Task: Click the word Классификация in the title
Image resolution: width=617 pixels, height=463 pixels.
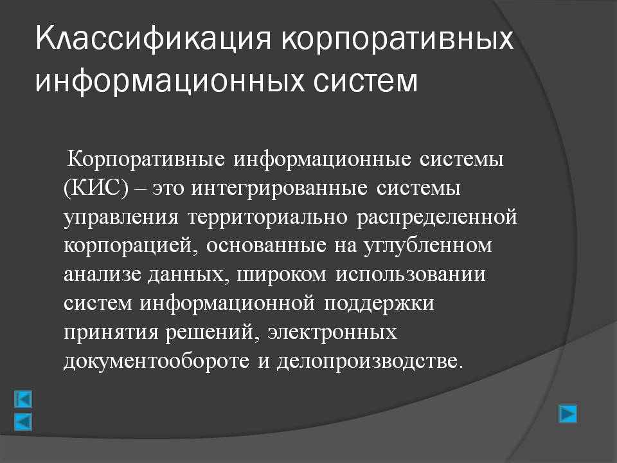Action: point(154,39)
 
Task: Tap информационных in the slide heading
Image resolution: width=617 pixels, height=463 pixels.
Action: point(170,82)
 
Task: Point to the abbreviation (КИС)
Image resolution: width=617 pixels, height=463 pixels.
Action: point(96,188)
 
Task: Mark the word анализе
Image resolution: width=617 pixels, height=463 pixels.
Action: point(102,275)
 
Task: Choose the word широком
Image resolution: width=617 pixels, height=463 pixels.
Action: point(282,275)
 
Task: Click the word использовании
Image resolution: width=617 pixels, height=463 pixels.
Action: point(411,275)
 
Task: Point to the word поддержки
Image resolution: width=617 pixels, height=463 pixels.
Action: point(379,304)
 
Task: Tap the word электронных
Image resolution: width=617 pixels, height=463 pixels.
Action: point(332,332)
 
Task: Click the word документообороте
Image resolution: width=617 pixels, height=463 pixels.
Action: point(156,361)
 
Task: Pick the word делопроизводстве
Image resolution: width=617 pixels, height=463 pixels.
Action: point(368,361)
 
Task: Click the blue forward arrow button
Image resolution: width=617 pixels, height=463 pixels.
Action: point(568,413)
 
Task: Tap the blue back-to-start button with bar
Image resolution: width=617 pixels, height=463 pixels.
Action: point(23,399)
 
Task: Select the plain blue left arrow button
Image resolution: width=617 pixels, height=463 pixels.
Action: point(23,422)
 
